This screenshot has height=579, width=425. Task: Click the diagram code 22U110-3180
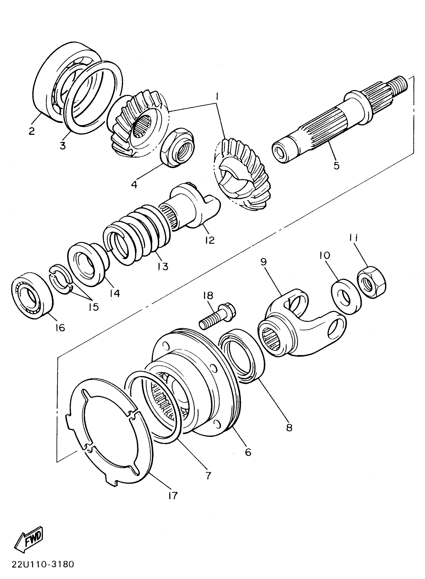tap(43, 564)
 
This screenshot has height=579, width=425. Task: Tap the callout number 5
tap(336, 166)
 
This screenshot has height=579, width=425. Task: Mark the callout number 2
tap(31, 131)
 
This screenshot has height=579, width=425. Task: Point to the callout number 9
tap(264, 262)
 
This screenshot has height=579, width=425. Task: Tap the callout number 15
tap(94, 307)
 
